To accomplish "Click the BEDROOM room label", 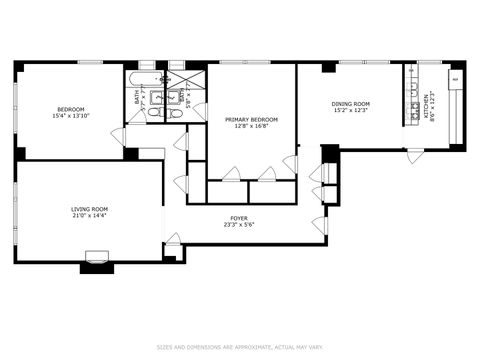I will click(70, 109).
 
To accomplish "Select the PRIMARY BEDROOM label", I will click(251, 119).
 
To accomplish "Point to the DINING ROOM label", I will click(351, 103).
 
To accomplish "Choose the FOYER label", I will click(239, 218).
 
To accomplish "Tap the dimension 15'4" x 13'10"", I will click(70, 116).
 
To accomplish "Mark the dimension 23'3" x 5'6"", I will click(239, 225).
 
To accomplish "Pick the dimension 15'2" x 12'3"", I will click(351, 110).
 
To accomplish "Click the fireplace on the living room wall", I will click(97, 262).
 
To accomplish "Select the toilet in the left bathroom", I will click(155, 113).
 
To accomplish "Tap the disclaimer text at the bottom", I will click(239, 348).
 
